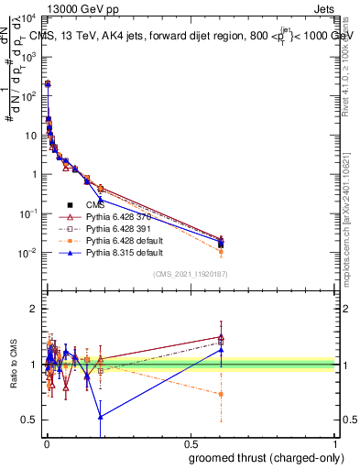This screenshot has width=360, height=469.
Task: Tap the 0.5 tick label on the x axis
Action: pyautogui.click(x=191, y=444)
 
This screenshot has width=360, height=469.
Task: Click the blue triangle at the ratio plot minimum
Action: pyautogui.click(x=100, y=416)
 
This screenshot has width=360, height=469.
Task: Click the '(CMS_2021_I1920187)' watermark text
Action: pyautogui.click(x=189, y=274)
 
